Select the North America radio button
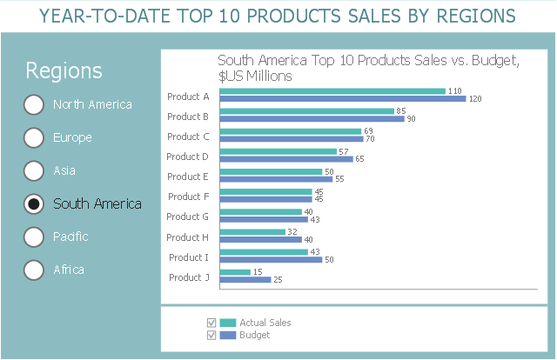pyautogui.click(x=34, y=104)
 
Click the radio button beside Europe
pyautogui.click(x=34, y=137)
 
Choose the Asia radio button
pyautogui.click(x=34, y=170)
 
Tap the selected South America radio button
pyautogui.click(x=34, y=203)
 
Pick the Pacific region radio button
pyautogui.click(x=34, y=237)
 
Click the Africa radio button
pyautogui.click(x=34, y=270)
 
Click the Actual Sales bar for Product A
pyautogui.click(x=332, y=91)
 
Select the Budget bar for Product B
pyautogui.click(x=312, y=119)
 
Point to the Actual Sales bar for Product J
pyautogui.click(x=235, y=272)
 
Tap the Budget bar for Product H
pyautogui.click(x=260, y=239)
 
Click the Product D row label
pyautogui.click(x=187, y=157)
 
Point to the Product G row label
pyautogui.click(x=187, y=217)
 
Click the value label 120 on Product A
pyautogui.click(x=475, y=99)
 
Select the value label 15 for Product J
pyautogui.click(x=258, y=272)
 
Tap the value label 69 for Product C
pyautogui.click(x=368, y=130)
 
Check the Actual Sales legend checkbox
pyautogui.click(x=211, y=323)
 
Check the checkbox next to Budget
pyautogui.click(x=211, y=335)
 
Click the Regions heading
pyautogui.click(x=64, y=71)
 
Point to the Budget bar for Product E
pyautogui.click(x=276, y=179)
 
